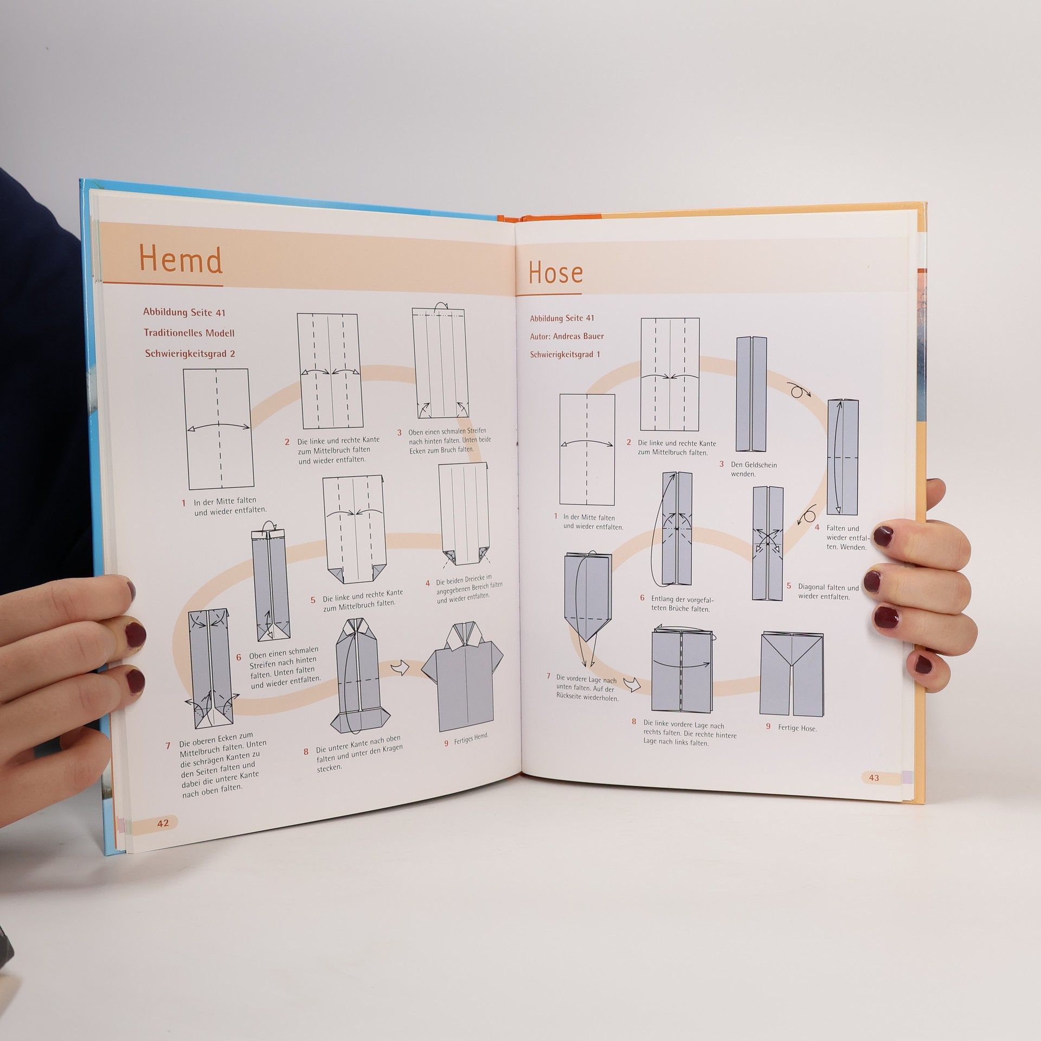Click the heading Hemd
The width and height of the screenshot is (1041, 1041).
pos(181,260)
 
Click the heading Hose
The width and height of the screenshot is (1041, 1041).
pos(556,272)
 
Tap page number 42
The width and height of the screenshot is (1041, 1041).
pos(163,838)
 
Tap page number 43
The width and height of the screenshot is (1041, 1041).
pos(873,777)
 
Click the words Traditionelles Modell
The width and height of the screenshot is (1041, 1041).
pos(189,333)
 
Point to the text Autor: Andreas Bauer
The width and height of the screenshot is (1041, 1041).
pos(567,336)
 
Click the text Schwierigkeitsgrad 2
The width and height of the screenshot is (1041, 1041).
pos(190,354)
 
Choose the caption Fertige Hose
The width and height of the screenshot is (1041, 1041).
pos(797,728)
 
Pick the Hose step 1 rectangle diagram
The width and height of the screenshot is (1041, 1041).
pos(587,449)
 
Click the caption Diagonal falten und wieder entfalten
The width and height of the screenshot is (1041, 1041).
pos(828,592)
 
